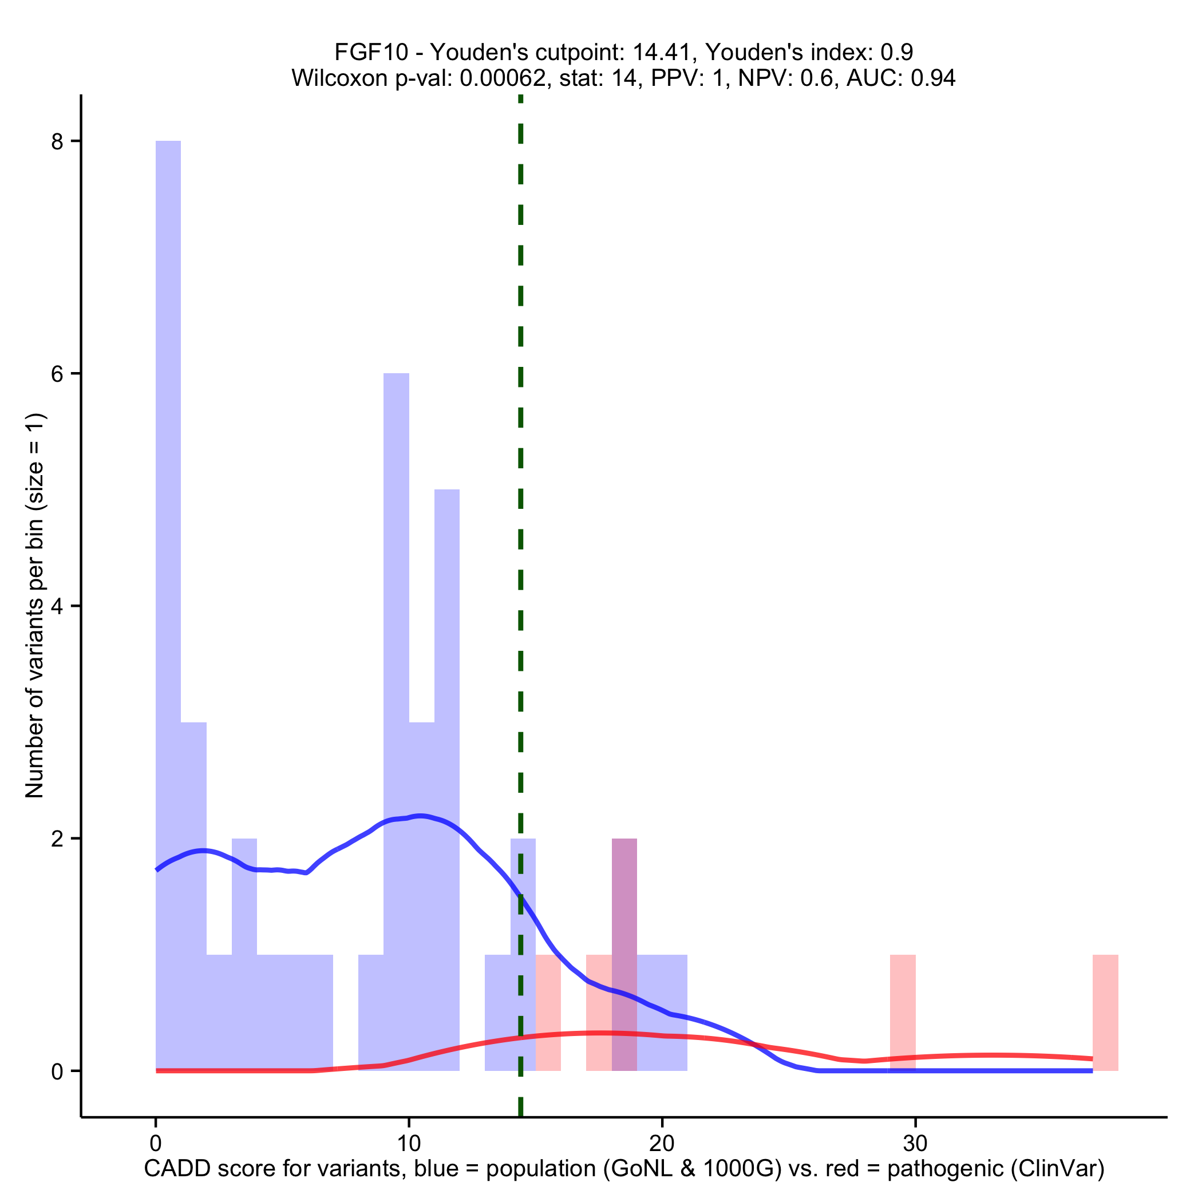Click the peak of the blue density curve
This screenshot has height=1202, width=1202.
point(421,816)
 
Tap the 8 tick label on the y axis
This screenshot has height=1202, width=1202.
point(58,142)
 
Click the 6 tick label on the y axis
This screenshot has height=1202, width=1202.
point(58,374)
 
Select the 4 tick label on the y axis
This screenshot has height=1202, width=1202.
point(58,607)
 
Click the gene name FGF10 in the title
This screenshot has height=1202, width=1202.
point(371,52)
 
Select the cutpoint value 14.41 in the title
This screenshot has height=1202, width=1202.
point(663,52)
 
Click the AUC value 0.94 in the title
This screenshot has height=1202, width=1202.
point(933,78)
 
